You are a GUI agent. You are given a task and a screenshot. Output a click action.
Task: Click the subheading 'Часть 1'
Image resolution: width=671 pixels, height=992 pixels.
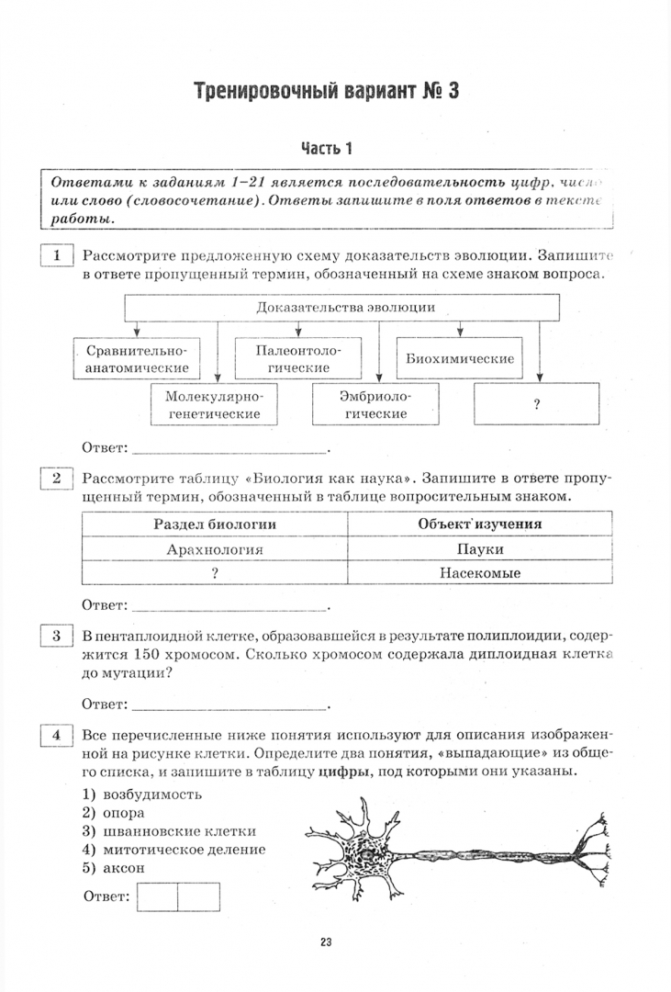pos(326,148)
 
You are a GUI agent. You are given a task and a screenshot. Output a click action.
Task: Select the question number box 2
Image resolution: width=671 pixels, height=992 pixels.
pos(57,478)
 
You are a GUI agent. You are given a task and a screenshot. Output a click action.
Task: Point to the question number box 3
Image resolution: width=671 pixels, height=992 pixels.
pos(57,636)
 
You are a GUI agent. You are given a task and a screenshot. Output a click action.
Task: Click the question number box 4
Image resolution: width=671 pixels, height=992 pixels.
pos(57,735)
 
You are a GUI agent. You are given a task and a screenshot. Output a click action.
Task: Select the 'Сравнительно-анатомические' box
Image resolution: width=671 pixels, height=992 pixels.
pos(137,359)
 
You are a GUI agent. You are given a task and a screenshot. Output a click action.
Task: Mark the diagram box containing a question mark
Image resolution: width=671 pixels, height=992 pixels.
pos(535,405)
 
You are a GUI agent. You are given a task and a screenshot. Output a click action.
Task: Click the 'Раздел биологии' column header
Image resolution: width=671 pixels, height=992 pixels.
pos(215,524)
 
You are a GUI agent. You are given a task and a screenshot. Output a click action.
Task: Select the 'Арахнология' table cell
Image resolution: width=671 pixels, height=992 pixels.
pos(215,548)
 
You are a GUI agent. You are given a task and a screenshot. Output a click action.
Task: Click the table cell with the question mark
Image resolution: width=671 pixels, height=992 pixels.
pos(215,572)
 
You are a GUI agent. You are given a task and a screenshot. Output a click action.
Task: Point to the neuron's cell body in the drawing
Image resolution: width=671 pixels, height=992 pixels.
pos(365,851)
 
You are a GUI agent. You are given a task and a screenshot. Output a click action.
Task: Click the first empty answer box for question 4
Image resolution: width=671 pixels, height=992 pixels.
pos(157,896)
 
